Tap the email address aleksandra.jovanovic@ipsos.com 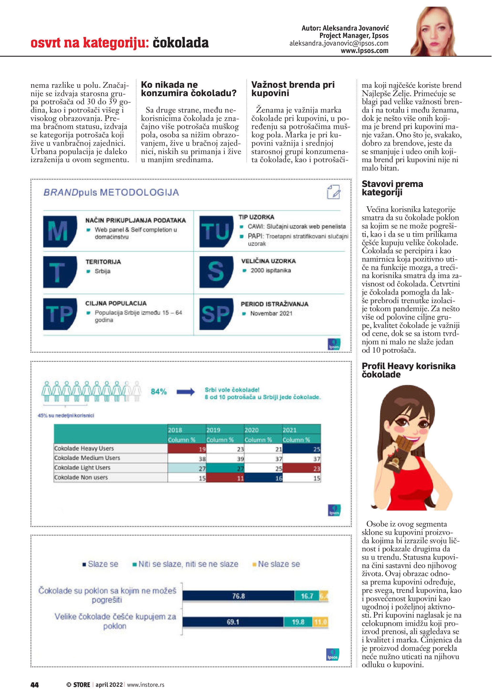[x=339, y=43]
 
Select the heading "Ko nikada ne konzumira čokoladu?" [x=188, y=89]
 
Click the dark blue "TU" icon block [x=216, y=231]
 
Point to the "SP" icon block [x=216, y=314]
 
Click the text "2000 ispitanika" [x=270, y=270]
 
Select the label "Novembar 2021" [x=271, y=314]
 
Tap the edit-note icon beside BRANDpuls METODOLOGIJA [x=333, y=192]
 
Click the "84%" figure [x=158, y=392]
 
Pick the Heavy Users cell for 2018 [x=187, y=449]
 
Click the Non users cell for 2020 [x=264, y=478]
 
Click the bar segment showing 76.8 [x=238, y=596]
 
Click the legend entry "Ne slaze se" [x=278, y=564]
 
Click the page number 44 [x=35, y=685]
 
